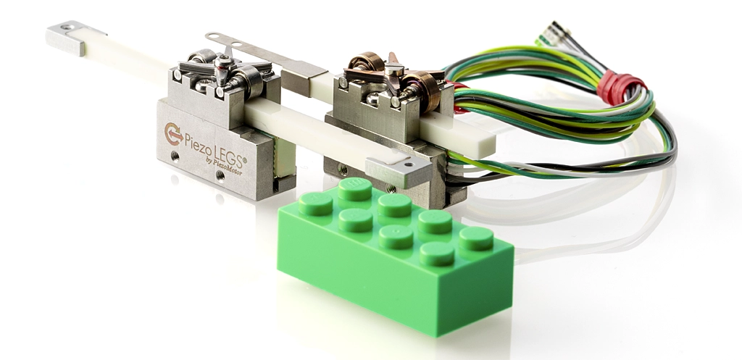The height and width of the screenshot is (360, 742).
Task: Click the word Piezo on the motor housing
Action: pos(198,141)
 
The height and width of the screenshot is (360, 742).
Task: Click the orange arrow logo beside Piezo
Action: pos(174,133)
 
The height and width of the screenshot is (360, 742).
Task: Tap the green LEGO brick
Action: pos(395,256)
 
